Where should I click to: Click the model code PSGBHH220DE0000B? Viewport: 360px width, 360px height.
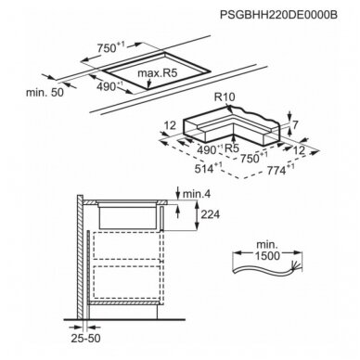pyautogui.click(x=278, y=15)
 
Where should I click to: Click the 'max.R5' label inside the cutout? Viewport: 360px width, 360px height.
pyautogui.click(x=157, y=73)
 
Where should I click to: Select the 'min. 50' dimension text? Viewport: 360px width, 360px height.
pyautogui.click(x=45, y=92)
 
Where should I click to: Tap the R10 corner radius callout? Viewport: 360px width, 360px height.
pyautogui.click(x=225, y=97)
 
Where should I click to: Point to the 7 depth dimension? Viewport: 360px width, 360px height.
pyautogui.click(x=295, y=125)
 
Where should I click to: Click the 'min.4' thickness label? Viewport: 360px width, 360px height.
pyautogui.click(x=197, y=194)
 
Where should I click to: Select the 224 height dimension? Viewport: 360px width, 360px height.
pyautogui.click(x=211, y=214)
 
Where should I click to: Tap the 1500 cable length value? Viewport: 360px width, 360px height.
pyautogui.click(x=267, y=256)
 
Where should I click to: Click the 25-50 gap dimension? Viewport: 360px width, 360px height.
pyautogui.click(x=85, y=338)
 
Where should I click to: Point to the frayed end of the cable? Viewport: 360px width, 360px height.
pyautogui.click(x=297, y=266)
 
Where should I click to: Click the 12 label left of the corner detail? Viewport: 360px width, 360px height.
pyautogui.click(x=170, y=125)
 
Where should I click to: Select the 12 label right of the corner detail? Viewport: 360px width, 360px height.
pyautogui.click(x=299, y=150)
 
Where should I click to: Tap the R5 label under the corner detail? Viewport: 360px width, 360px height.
pyautogui.click(x=232, y=148)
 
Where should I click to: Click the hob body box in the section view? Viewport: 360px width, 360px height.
pyautogui.click(x=127, y=217)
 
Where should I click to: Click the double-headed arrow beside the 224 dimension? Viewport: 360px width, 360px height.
pyautogui.click(x=197, y=215)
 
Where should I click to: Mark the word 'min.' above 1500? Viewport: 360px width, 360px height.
pyautogui.click(x=266, y=245)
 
